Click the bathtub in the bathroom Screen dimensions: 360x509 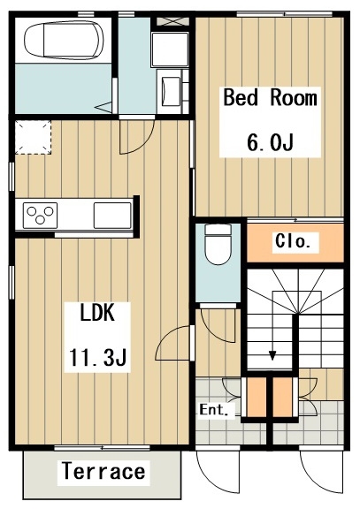[65, 41]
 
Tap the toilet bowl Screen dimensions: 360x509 [218, 245]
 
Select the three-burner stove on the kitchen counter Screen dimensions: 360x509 [41, 216]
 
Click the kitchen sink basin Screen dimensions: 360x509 [112, 216]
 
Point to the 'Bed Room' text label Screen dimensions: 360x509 [270, 97]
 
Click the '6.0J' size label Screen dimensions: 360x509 [270, 142]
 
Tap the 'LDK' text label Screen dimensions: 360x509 [97, 313]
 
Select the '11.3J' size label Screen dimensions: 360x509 [97, 357]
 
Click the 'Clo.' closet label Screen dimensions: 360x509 [292, 241]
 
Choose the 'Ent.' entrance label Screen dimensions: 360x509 [213, 410]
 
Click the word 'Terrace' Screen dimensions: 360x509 [103, 471]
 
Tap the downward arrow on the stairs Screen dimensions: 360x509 [272, 355]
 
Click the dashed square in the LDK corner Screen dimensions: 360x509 [33, 137]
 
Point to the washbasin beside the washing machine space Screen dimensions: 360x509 [171, 91]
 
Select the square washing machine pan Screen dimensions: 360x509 [170, 49]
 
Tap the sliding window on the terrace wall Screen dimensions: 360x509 [102, 448]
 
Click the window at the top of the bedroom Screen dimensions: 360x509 [284, 14]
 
